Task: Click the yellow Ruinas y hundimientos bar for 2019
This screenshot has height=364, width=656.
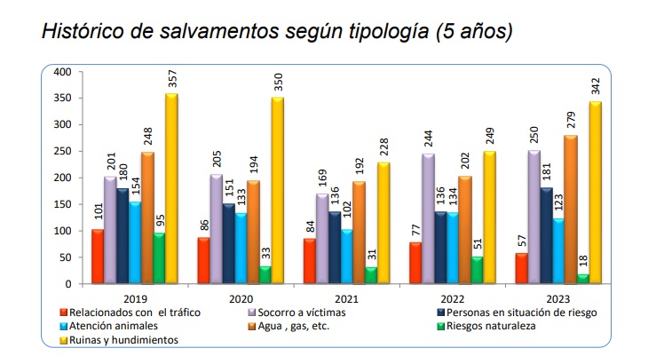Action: [x=170, y=189]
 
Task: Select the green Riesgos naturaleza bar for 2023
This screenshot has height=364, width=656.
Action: [x=583, y=279]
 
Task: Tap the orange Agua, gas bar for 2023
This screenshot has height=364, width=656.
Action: [x=571, y=210]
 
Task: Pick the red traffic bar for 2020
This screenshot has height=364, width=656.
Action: [x=203, y=260]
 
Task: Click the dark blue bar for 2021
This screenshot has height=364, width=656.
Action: [x=335, y=248]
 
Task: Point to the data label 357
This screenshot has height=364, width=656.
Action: [x=171, y=78]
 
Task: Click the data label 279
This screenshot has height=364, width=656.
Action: [x=572, y=119]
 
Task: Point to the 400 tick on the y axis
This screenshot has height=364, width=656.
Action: [x=62, y=71]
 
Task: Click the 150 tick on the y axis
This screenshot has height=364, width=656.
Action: [x=62, y=204]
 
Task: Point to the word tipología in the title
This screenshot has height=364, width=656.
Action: [x=379, y=32]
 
